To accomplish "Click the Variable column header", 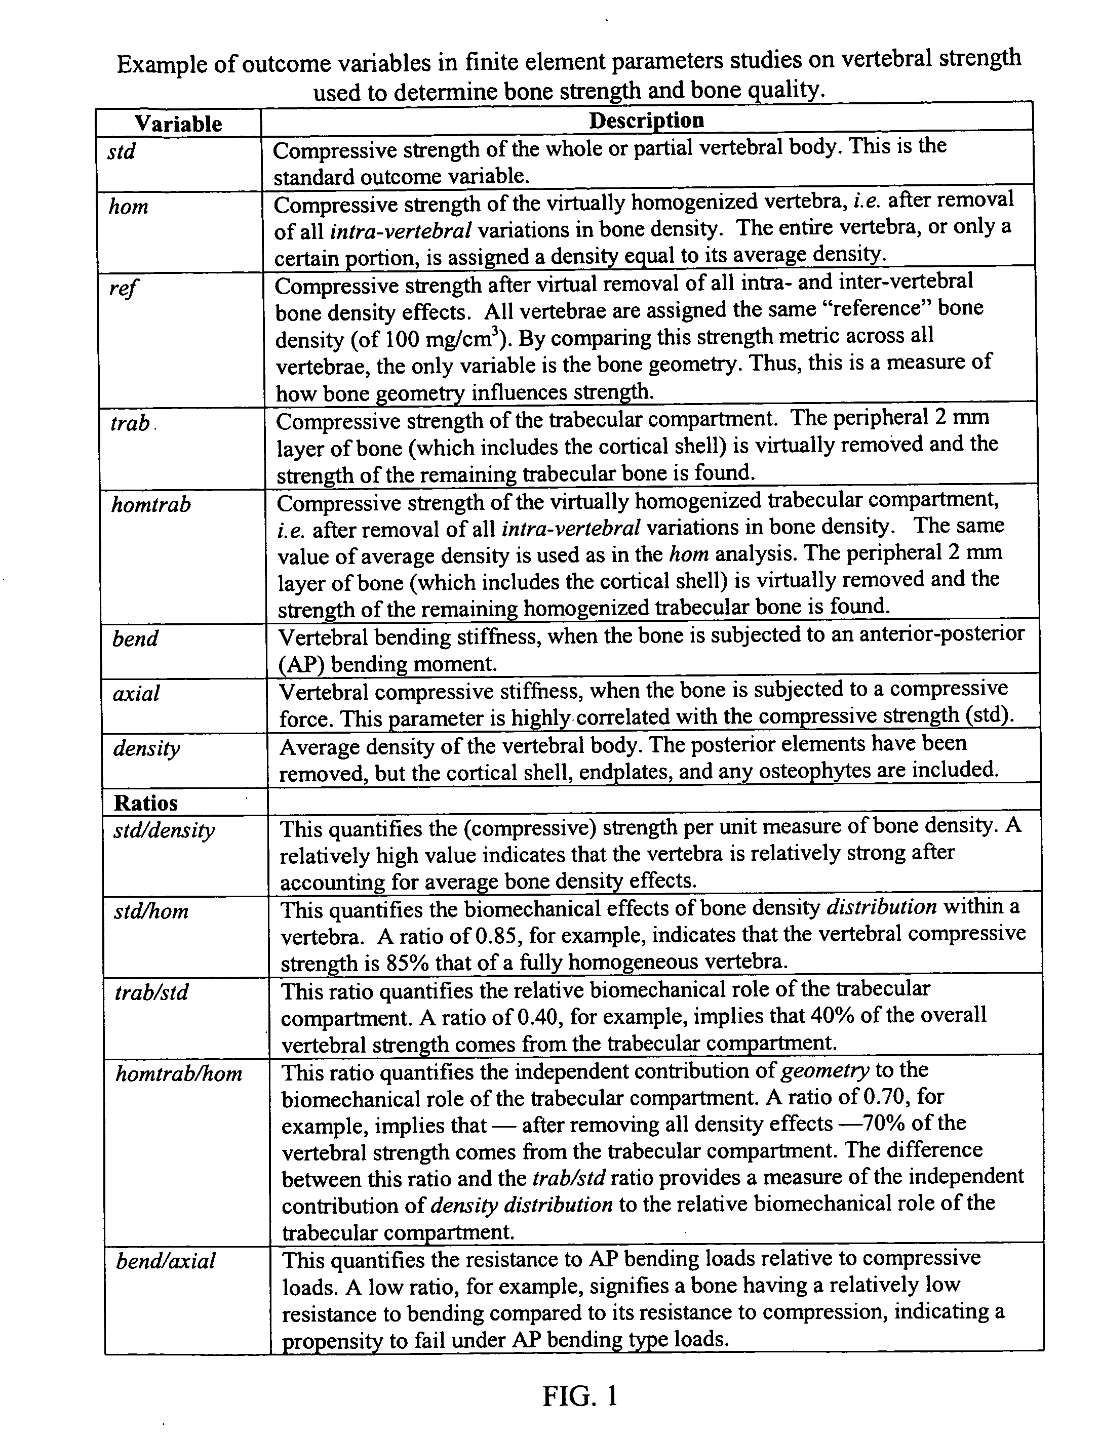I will [x=178, y=124].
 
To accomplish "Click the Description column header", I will [x=646, y=121].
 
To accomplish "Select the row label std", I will [x=122, y=152].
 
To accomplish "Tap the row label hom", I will [x=128, y=208].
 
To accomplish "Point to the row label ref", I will [x=124, y=288].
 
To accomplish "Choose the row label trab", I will [x=130, y=423].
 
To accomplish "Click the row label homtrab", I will [x=151, y=505].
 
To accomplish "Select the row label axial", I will [x=136, y=694].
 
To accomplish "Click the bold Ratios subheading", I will [x=145, y=803].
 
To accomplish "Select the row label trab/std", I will [x=152, y=993].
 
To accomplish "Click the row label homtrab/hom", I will [x=179, y=1074].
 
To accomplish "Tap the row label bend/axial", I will [x=166, y=1261].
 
